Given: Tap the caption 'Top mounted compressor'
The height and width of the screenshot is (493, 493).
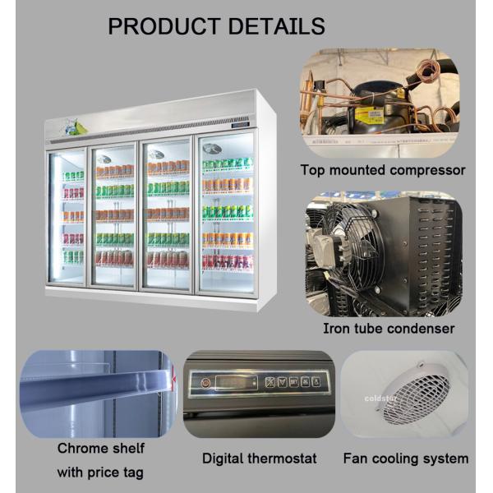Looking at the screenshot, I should [x=383, y=171].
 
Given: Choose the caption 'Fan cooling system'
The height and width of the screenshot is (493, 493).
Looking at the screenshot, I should [x=406, y=458].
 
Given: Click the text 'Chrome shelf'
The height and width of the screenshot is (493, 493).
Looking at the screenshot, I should [x=101, y=449].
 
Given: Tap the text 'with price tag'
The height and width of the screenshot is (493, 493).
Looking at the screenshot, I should [x=100, y=472].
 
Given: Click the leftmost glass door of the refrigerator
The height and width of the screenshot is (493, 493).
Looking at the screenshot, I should [x=67, y=215].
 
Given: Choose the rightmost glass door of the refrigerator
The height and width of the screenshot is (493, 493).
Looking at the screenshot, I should [x=225, y=215].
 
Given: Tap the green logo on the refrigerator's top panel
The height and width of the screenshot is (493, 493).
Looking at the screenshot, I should [x=76, y=127].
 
